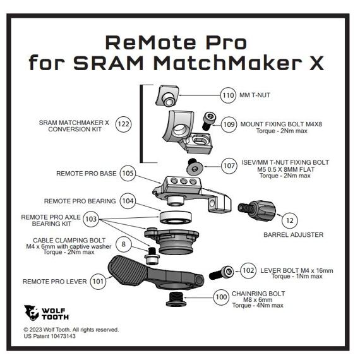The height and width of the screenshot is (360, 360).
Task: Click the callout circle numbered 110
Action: coord(228,96)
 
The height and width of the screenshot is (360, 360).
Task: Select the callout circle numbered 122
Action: coord(124,124)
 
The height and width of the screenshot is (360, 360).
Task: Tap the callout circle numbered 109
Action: coord(229,124)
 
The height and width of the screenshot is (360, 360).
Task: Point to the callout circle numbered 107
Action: coord(229,167)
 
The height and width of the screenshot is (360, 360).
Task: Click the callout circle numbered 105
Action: coord(128,172)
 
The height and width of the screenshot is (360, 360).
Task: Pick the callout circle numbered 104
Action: coord(128,201)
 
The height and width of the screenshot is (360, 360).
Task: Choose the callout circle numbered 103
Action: coord(91,220)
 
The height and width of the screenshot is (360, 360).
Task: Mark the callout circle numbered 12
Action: coord(289,220)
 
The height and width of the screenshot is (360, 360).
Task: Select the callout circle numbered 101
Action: coord(97,280)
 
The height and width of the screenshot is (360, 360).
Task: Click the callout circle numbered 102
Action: coord(248,270)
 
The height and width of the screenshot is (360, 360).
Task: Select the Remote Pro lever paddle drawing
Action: coord(136,271)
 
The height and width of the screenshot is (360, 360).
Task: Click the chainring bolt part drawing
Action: coord(176,298)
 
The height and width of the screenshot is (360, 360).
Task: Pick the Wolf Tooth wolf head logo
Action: coord(32,313)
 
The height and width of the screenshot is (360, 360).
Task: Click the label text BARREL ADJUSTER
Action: coord(293,235)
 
